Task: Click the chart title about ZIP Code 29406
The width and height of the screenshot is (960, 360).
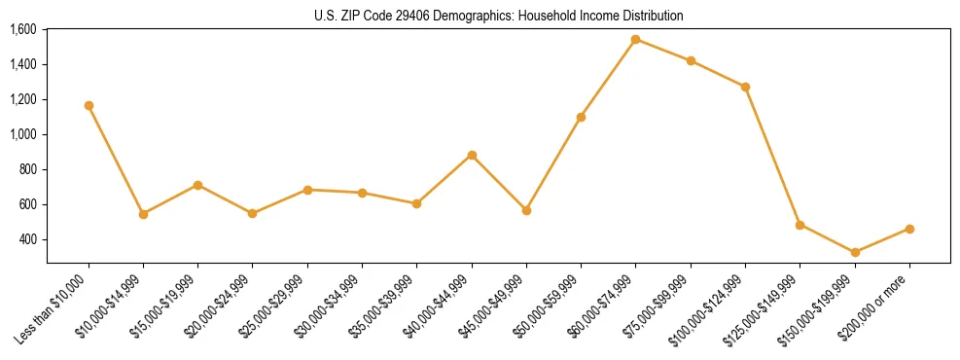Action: pyautogui.click(x=498, y=16)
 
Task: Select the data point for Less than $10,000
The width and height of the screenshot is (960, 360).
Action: pyautogui.click(x=89, y=105)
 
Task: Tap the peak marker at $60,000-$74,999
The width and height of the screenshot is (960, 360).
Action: pyautogui.click(x=635, y=40)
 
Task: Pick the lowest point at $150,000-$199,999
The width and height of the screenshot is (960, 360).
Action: pyautogui.click(x=855, y=252)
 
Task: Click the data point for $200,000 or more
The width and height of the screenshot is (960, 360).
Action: pyautogui.click(x=909, y=229)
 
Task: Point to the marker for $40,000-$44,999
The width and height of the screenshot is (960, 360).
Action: pyautogui.click(x=472, y=155)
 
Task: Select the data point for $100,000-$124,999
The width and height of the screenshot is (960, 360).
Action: pyautogui.click(x=745, y=87)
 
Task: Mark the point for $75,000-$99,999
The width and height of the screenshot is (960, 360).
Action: pyautogui.click(x=691, y=60)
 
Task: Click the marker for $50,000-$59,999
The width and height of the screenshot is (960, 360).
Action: pyautogui.click(x=581, y=117)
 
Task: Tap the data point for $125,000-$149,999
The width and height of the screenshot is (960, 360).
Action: pyautogui.click(x=800, y=225)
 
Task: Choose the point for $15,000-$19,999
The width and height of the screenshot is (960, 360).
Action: pyautogui.click(x=197, y=185)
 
